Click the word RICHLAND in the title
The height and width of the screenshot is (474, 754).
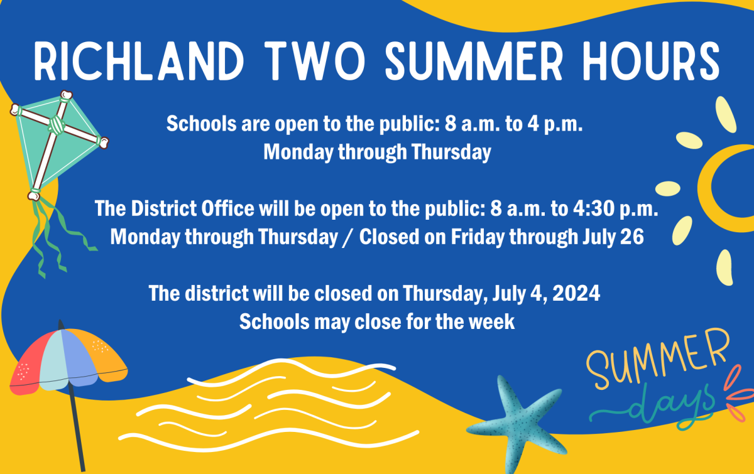139,61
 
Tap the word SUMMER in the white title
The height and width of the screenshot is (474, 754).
474,61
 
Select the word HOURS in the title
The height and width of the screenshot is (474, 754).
652,61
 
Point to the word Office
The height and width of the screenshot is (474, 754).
227,208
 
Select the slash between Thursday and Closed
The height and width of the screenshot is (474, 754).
348,237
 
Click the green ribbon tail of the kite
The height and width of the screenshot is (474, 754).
57,235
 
